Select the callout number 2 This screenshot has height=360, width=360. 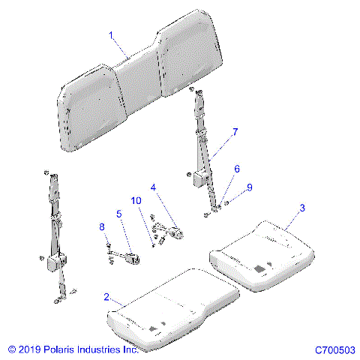pyautogui.click(x=107, y=298)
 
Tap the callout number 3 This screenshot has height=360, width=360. pyautogui.click(x=301, y=208)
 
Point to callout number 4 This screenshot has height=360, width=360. pyautogui.click(x=153, y=187)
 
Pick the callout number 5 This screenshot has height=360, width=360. pyautogui.click(x=118, y=214)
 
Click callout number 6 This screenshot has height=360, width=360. pyautogui.click(x=238, y=169)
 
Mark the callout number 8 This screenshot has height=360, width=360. pyautogui.click(x=102, y=226)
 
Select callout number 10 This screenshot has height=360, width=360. pyautogui.click(x=136, y=201)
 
